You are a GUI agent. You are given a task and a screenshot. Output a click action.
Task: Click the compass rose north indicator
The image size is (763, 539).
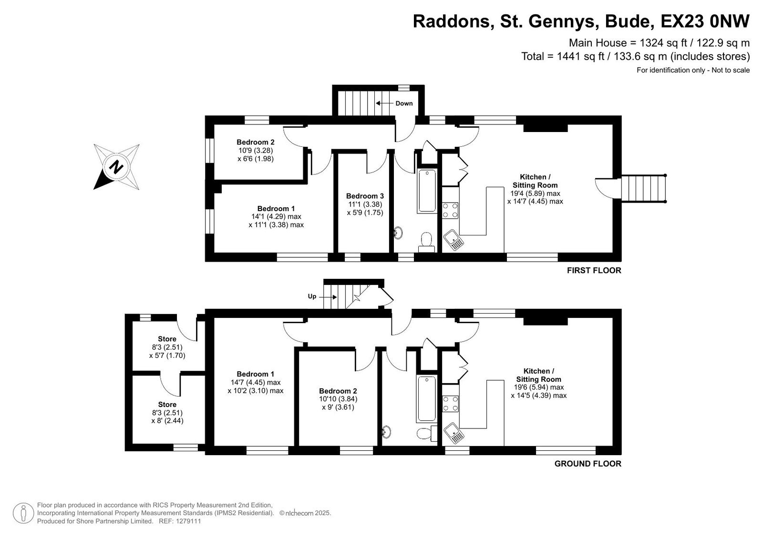[x=116, y=167]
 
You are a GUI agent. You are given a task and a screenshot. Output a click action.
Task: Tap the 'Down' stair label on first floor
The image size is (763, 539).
[x=404, y=103]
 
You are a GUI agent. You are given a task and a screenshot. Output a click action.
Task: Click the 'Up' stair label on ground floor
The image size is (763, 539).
[x=312, y=296]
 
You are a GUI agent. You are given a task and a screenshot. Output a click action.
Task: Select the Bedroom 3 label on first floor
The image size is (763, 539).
[x=365, y=196]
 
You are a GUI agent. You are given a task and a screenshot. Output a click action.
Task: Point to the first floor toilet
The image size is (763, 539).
[x=426, y=242]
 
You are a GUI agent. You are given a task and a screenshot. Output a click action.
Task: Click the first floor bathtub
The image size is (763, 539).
[x=427, y=191]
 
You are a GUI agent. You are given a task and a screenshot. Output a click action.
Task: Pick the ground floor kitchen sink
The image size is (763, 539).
[x=454, y=434]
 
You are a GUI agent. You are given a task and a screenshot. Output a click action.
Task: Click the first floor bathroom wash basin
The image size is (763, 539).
[x=398, y=233]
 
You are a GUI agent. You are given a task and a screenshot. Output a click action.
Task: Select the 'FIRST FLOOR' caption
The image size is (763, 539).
[x=594, y=270]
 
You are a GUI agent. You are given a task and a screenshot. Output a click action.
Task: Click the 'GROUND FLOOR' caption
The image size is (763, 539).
[x=588, y=464]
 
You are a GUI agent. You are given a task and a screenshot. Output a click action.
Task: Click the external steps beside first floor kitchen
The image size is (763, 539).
[x=644, y=189]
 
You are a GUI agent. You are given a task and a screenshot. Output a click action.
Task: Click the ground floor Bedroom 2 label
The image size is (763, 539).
[x=338, y=399]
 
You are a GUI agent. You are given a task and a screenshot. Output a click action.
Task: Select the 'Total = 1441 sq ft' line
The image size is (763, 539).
[x=636, y=56]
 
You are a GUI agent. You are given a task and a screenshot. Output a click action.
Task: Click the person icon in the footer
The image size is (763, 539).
[x=23, y=513]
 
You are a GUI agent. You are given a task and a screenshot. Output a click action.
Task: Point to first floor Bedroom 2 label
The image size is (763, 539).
[x=256, y=151]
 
